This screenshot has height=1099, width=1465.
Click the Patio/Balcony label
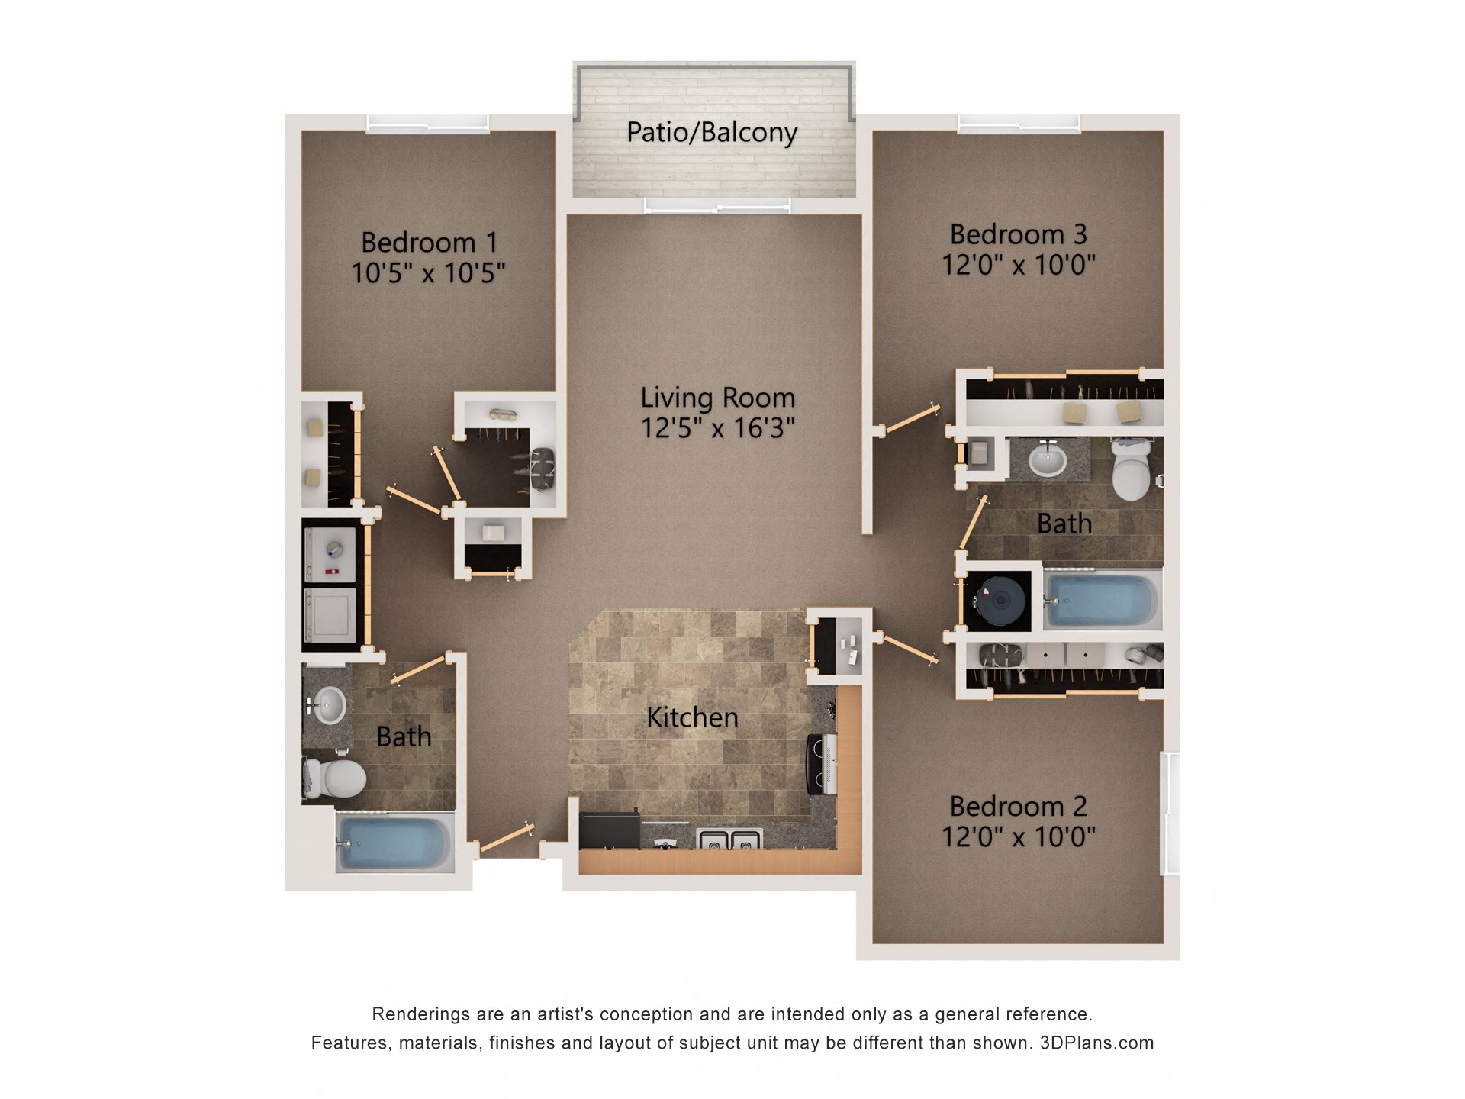pos(711,133)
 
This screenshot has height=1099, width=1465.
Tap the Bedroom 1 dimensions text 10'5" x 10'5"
pos(428,273)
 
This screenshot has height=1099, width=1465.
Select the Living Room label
pos(717,398)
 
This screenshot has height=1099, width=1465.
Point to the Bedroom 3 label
pos(1018,234)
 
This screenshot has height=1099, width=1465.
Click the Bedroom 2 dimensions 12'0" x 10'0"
pos(1018,837)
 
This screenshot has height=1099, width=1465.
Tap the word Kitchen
pos(692,717)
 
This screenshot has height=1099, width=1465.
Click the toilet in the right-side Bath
pos(1131,468)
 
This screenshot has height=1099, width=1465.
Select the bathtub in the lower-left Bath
pos(394,843)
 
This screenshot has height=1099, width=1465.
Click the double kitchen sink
pos(729,840)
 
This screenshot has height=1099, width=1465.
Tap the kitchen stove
pos(823,764)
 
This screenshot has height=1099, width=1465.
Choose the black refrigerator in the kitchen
pos(608,830)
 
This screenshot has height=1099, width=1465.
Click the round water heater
pos(1000,599)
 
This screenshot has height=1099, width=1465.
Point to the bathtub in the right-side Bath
pos(1102,600)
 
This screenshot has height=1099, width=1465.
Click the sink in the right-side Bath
pos(1047,460)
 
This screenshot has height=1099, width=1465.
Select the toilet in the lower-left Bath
pos(336,778)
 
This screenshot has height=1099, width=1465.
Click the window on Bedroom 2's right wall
pos(1170,813)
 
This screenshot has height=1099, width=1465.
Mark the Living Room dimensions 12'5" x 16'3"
pos(717,428)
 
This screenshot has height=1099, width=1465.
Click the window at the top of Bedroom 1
pos(427,123)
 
